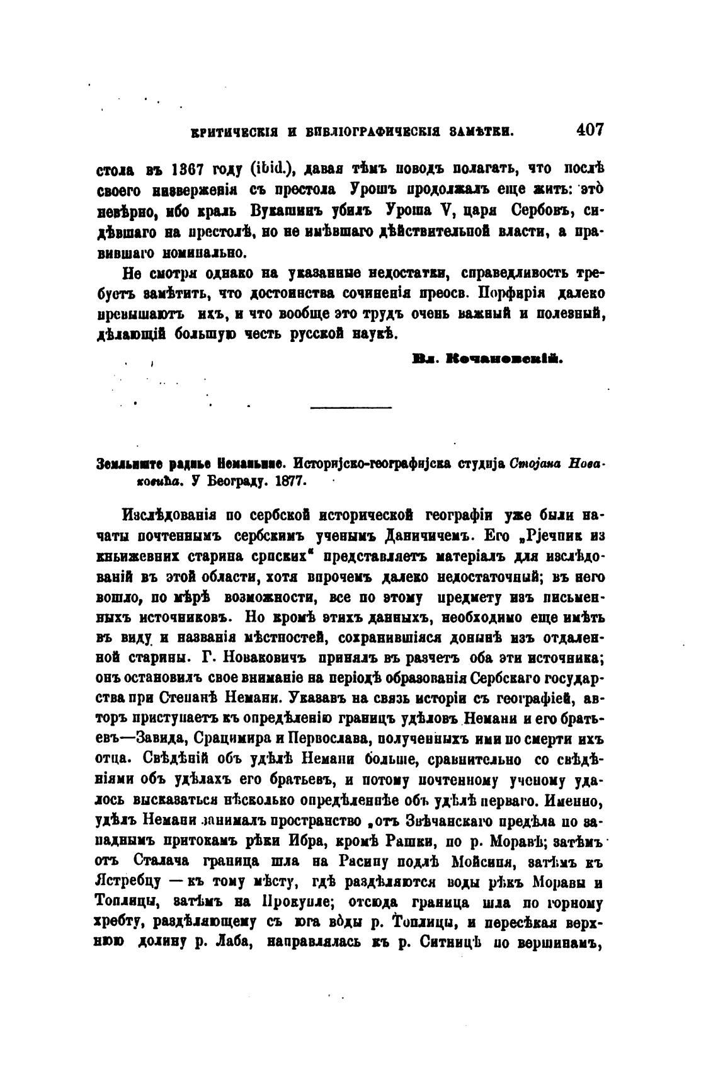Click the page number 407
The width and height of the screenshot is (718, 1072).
pos(589,130)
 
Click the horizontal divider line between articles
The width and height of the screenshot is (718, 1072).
pos(351,408)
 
